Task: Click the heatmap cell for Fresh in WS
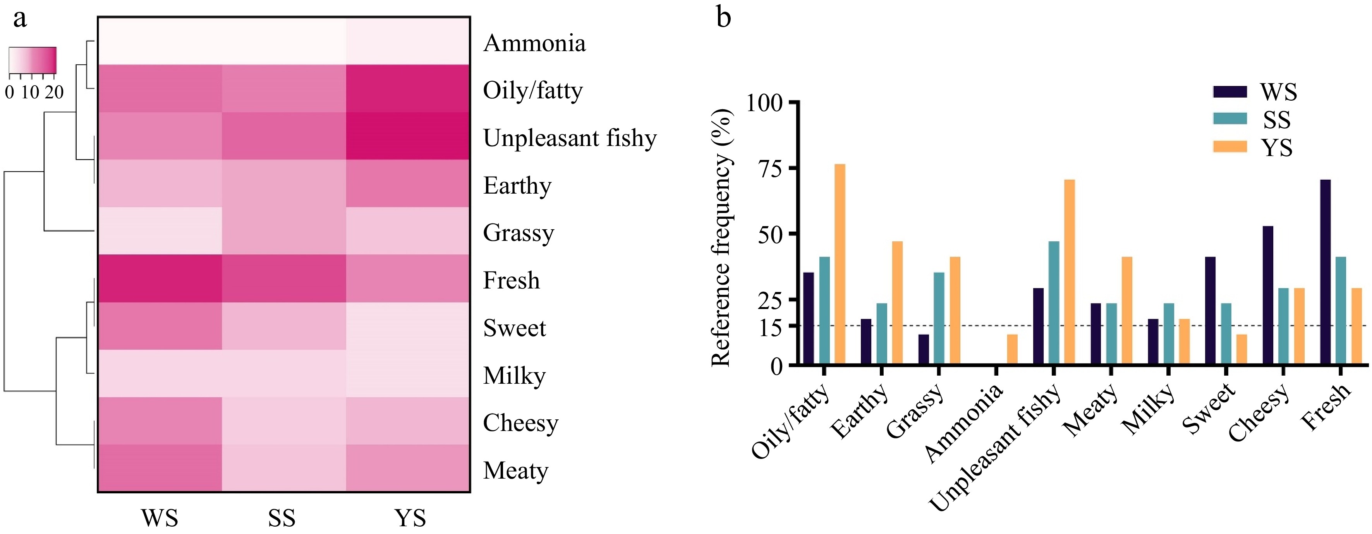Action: click(x=160, y=278)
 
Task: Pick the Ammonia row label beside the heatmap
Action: click(x=534, y=43)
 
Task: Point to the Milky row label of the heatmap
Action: click(x=514, y=375)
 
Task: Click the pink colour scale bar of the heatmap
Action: click(x=33, y=60)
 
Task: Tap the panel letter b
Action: click(x=723, y=17)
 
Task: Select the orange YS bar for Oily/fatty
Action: click(x=840, y=264)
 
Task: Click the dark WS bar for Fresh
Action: click(x=1325, y=272)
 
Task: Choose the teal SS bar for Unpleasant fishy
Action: click(x=1054, y=303)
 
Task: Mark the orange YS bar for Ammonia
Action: click(x=1012, y=349)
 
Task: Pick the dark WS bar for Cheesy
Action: click(x=1267, y=295)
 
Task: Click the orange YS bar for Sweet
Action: click(x=1241, y=349)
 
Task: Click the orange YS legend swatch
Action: click(x=1230, y=146)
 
